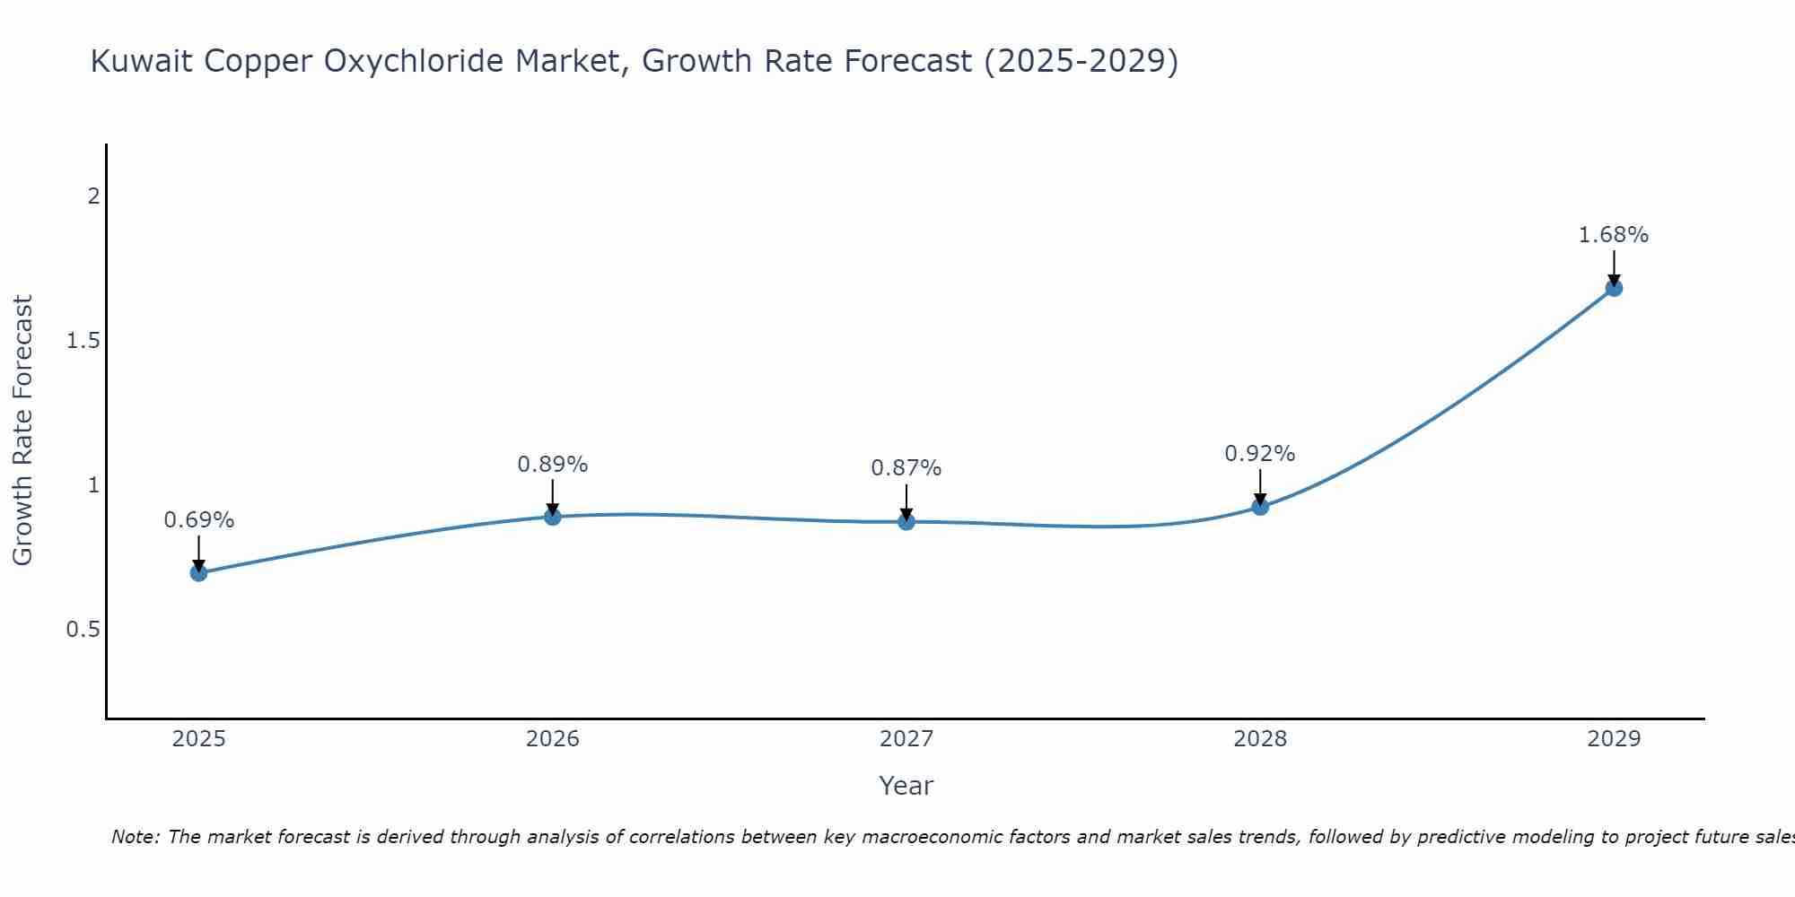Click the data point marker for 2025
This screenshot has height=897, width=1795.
(198, 572)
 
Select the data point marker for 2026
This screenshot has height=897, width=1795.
(553, 517)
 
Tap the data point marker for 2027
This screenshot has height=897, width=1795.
(906, 521)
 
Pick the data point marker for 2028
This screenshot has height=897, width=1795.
(1260, 507)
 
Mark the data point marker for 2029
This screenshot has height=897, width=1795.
(1614, 288)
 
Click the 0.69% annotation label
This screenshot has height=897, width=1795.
(199, 520)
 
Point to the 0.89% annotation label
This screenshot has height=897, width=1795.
(553, 465)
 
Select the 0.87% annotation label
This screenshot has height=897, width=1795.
(906, 468)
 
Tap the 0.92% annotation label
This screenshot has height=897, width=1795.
(1260, 454)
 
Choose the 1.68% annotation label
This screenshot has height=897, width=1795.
(1614, 235)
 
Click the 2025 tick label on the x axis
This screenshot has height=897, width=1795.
(199, 739)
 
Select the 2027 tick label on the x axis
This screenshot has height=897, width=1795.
(906, 739)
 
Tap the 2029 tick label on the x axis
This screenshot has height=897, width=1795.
(1614, 739)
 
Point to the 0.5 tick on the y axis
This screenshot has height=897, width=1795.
(83, 630)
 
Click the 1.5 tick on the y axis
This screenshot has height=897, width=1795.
(83, 341)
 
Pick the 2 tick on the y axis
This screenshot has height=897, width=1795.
(93, 196)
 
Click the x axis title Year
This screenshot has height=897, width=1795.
(906, 786)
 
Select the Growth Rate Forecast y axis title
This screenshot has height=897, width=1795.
(22, 431)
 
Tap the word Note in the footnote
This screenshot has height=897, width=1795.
(135, 837)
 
